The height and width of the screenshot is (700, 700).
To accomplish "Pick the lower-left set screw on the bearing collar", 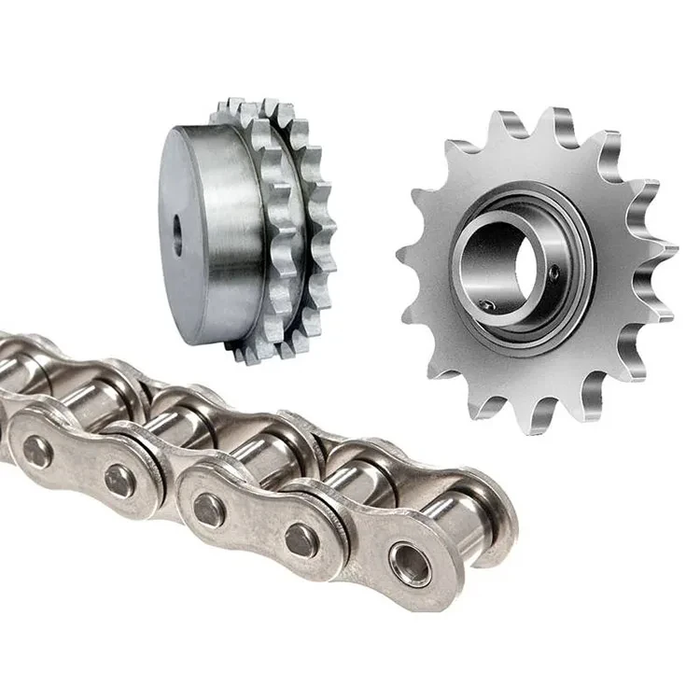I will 487,305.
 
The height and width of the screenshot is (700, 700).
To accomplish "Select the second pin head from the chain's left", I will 119,481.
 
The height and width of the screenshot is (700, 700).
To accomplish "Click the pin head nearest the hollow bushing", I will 301,539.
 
